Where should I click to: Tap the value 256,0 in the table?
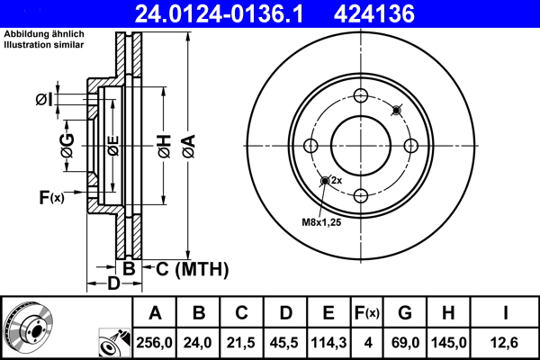[155, 342]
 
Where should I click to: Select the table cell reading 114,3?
[329, 342]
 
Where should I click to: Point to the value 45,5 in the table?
[286, 342]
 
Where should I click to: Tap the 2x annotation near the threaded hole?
[337, 181]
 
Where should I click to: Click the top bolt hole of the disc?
[361, 97]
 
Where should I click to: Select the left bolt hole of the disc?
[311, 147]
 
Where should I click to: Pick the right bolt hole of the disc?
[410, 147]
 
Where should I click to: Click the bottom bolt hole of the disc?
[361, 195]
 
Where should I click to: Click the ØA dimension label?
[188, 144]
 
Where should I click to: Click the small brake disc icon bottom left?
[27, 328]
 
